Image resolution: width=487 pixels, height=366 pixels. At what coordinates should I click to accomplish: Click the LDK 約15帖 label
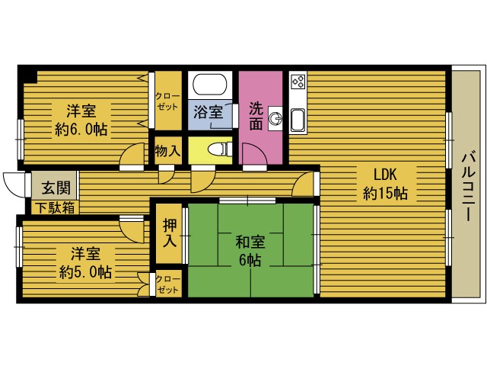(385, 182)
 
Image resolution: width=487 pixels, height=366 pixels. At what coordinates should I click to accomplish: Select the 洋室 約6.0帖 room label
(80, 119)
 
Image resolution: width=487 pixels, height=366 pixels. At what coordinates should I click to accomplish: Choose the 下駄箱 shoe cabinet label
(54, 207)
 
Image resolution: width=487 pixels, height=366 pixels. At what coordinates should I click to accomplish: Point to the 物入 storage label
(167, 150)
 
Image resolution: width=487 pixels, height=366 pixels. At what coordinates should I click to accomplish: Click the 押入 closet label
(168, 233)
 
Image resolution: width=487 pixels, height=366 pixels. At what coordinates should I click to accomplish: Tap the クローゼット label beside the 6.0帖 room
(167, 101)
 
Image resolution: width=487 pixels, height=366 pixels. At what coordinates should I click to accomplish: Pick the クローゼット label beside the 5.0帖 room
(168, 284)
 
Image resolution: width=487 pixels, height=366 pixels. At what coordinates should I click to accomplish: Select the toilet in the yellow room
(216, 149)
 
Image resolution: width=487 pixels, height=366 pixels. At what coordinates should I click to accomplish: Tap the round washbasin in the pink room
(275, 117)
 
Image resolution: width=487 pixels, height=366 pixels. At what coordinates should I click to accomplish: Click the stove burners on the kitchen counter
(297, 82)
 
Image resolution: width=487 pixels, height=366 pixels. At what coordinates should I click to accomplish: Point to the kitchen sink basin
(297, 119)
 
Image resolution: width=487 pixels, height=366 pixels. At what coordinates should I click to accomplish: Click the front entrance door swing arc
(13, 184)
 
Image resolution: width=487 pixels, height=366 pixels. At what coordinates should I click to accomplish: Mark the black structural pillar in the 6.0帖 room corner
(28, 75)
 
